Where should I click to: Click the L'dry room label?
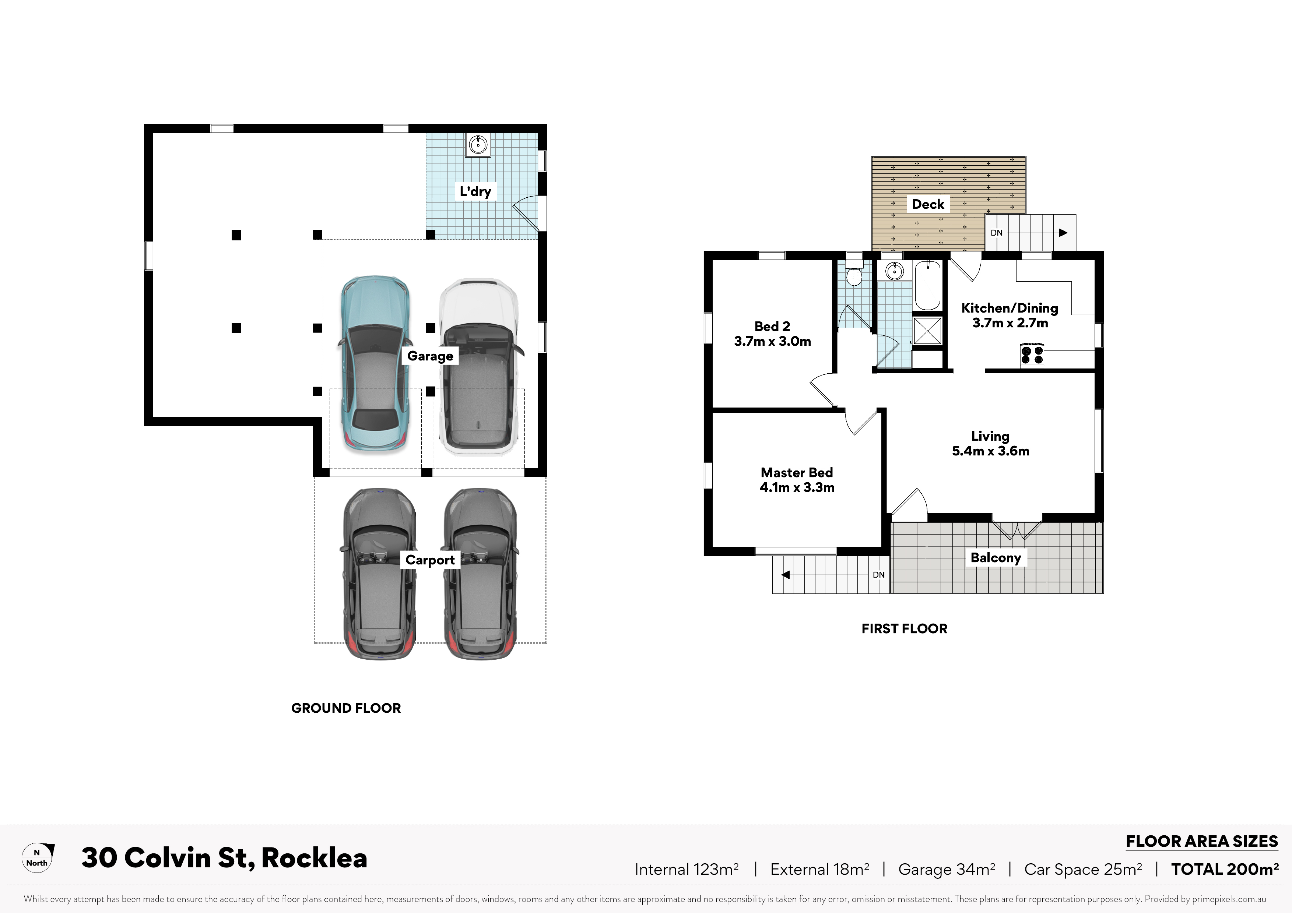[x=475, y=191]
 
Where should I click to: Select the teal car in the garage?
[x=375, y=364]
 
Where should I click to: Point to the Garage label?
[x=430, y=356]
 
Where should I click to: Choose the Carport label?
[x=430, y=560]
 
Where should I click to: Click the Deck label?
[x=928, y=204]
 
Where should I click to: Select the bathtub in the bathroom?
[x=927, y=285]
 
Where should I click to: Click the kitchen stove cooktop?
[x=1032, y=355]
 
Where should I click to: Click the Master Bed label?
[x=797, y=473]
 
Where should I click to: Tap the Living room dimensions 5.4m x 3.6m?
[x=990, y=451]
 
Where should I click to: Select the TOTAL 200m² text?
[x=1225, y=869]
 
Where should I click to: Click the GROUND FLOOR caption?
[x=346, y=708]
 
